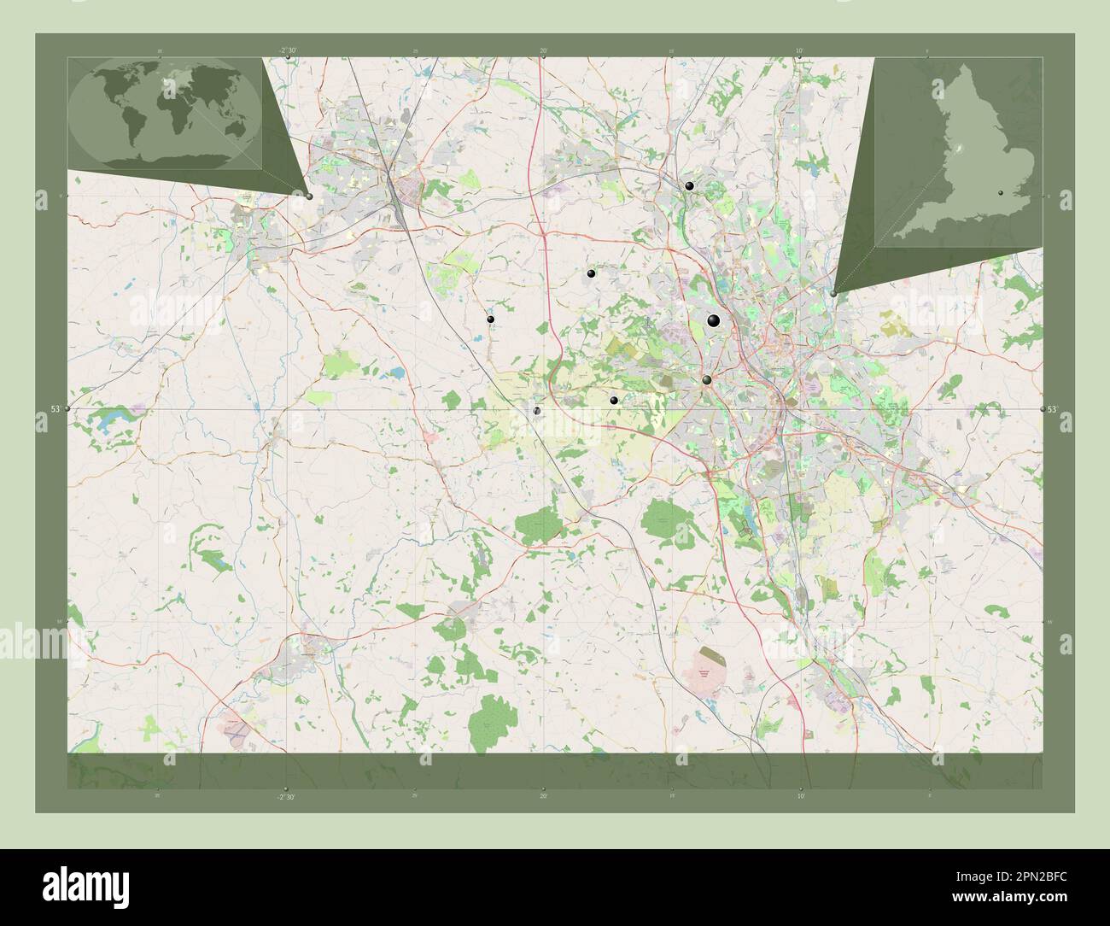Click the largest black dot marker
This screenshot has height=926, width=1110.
click(714, 320)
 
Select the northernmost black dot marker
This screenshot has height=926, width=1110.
click(689, 185)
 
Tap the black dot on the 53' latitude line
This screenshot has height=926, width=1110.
click(537, 411)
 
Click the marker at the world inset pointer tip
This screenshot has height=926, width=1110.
click(309, 196)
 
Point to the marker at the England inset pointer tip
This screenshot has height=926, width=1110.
click(833, 293)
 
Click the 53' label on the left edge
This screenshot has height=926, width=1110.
click(55, 410)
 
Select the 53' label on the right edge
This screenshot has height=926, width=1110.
click(1054, 410)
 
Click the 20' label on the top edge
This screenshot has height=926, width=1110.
click(543, 51)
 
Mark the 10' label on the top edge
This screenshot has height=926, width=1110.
click(799, 51)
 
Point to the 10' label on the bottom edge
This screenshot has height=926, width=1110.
click(799, 796)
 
